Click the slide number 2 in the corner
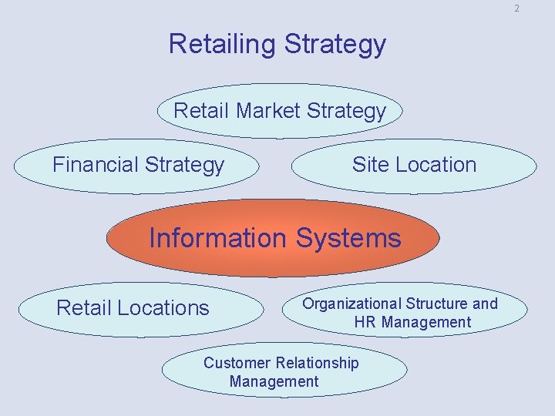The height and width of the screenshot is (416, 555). pyautogui.click(x=516, y=8)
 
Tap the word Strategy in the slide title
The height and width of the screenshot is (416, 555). pyautogui.click(x=335, y=44)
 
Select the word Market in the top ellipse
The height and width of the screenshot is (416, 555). pyautogui.click(x=268, y=111)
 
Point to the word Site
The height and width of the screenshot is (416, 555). pyautogui.click(x=368, y=165)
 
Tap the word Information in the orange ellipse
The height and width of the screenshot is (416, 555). pyautogui.click(x=217, y=238)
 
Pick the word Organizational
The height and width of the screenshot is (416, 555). pyautogui.click(x=351, y=304)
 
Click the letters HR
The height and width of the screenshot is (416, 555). pyautogui.click(x=365, y=322)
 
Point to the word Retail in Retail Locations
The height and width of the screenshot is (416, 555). pyautogui.click(x=82, y=308)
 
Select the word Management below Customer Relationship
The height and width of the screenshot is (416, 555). pyautogui.click(x=274, y=381)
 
